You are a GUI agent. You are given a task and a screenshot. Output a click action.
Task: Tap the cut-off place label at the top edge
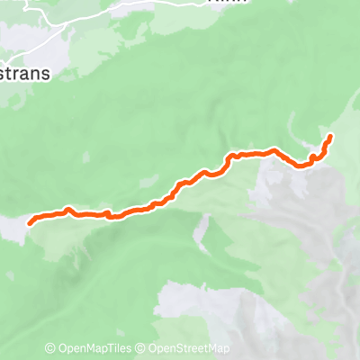[x=222, y=3]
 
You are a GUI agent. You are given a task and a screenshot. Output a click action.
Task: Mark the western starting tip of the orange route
[x=31, y=220]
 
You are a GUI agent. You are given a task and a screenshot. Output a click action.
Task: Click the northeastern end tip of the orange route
[x=330, y=136]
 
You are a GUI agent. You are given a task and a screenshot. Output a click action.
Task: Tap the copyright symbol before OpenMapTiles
[x=50, y=348]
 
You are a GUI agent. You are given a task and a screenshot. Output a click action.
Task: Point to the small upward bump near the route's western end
[x=68, y=210]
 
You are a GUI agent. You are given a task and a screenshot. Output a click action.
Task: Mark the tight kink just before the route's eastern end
[x=311, y=158]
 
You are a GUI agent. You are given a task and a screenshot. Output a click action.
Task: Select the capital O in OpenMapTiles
[x=61, y=348]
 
